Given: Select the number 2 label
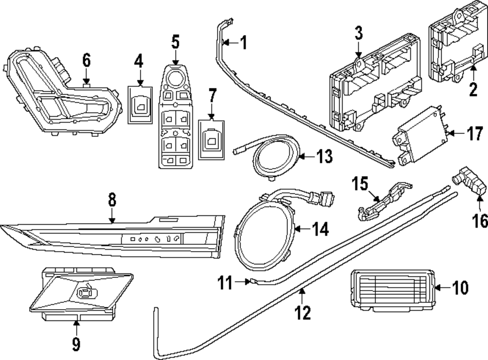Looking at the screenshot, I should click(473, 90).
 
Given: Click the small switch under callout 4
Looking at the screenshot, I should click(140, 104).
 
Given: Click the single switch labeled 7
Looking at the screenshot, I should click(212, 139).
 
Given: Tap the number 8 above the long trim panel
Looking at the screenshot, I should click(112, 200).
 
